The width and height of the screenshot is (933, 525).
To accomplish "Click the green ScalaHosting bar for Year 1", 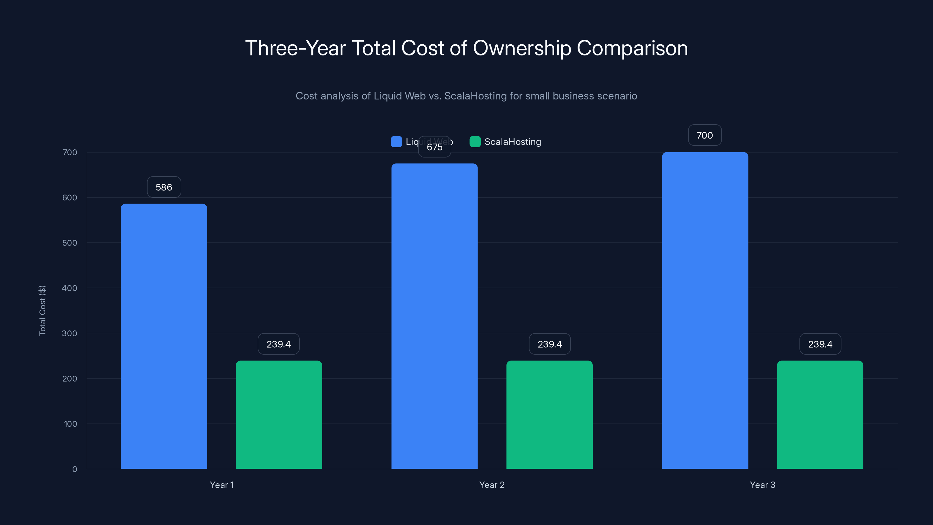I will [279, 414].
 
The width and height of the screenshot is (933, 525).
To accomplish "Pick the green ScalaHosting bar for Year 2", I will [549, 414].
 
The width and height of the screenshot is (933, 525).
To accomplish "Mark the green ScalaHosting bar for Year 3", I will [820, 414].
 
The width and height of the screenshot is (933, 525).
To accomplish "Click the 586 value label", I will [164, 187].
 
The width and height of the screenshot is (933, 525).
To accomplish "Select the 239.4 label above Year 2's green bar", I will [549, 344].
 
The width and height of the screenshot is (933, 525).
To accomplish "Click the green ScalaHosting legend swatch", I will [475, 142].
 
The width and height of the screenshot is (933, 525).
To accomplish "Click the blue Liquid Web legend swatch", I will [396, 142].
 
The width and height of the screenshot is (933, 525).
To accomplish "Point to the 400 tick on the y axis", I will [70, 288].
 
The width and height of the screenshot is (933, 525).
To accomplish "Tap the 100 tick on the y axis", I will [70, 423].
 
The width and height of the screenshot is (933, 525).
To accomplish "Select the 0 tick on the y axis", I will [75, 469].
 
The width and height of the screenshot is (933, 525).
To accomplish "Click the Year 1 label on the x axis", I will [222, 485].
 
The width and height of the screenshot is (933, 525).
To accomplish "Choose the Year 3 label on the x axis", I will [762, 485].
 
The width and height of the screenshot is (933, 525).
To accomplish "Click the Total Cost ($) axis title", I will [42, 311].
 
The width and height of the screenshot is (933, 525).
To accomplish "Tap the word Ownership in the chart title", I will [522, 48].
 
